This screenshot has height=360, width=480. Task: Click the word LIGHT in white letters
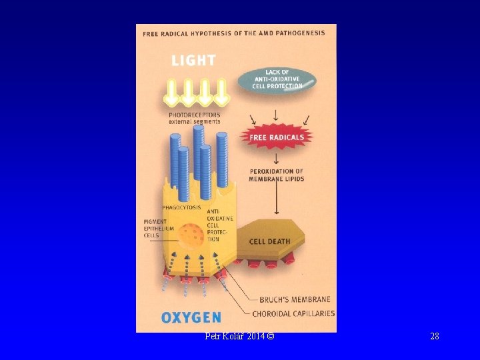tap(193, 60)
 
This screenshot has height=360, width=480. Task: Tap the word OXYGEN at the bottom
tap(191, 317)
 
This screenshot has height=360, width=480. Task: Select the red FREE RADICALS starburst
tap(276, 138)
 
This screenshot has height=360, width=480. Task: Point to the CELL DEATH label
tap(269, 241)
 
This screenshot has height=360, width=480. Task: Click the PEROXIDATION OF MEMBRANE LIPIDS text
tap(276, 175)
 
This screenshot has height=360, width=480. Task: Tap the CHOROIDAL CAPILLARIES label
tap(293, 313)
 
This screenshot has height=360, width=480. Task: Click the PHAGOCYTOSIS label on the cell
tap(181, 207)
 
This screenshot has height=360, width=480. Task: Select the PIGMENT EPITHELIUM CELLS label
tap(159, 229)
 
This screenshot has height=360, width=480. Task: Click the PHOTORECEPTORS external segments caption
tap(194, 118)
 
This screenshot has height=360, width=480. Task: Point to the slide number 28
tap(435, 336)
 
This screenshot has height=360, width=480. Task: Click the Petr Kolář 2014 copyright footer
tap(239, 336)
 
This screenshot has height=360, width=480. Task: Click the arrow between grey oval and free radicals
tap(276, 115)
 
